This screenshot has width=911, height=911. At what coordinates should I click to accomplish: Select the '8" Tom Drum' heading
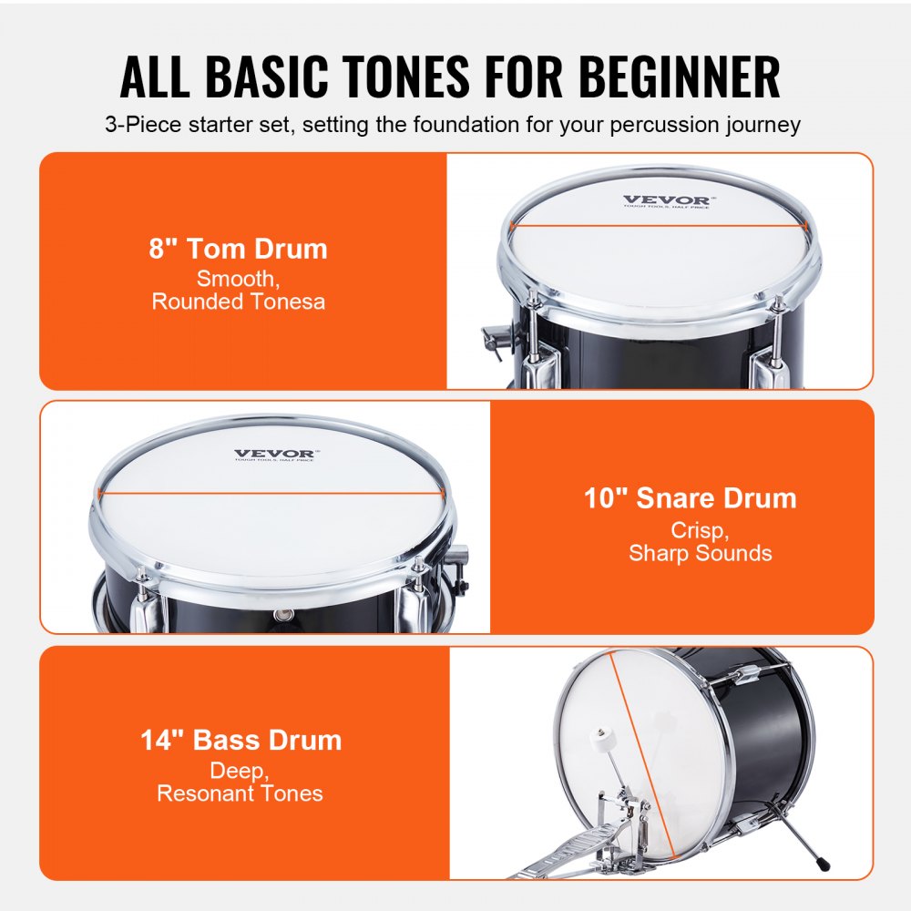(x=238, y=249)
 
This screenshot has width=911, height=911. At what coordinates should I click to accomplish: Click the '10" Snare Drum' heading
(x=690, y=497)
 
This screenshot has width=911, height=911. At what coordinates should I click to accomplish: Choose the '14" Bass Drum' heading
(x=241, y=740)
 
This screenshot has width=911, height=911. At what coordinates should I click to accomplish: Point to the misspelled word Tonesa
(x=282, y=302)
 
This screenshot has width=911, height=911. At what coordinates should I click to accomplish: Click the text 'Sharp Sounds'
(x=700, y=553)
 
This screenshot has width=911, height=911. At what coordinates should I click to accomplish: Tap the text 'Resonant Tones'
(x=240, y=793)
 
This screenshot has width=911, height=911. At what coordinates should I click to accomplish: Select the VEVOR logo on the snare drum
(x=275, y=454)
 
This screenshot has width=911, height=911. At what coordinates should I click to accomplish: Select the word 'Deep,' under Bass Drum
(x=240, y=771)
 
